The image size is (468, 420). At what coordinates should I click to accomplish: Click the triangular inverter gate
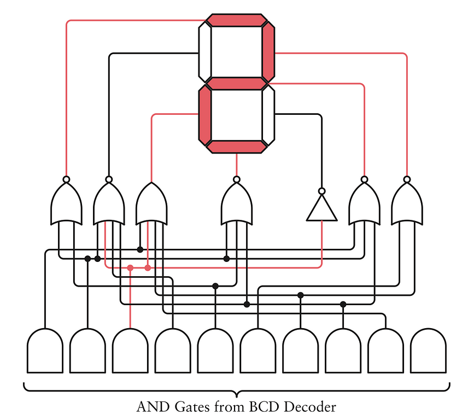(321, 210)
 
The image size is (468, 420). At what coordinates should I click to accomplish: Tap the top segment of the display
(236, 20)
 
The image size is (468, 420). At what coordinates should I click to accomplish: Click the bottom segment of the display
(236, 146)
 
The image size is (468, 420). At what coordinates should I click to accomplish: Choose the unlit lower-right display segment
(268, 114)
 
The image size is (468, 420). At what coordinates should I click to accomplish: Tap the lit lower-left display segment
(204, 114)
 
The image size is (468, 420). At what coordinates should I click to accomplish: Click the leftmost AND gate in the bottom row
(45, 351)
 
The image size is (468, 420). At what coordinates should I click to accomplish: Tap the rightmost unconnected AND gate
(428, 351)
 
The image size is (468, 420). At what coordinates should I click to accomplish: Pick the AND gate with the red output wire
(130, 351)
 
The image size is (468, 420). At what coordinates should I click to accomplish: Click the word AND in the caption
(149, 407)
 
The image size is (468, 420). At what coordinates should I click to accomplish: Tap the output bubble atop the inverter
(321, 191)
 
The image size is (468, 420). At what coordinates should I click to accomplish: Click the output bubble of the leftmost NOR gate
(66, 179)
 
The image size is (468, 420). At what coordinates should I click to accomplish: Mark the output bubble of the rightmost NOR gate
(407, 179)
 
